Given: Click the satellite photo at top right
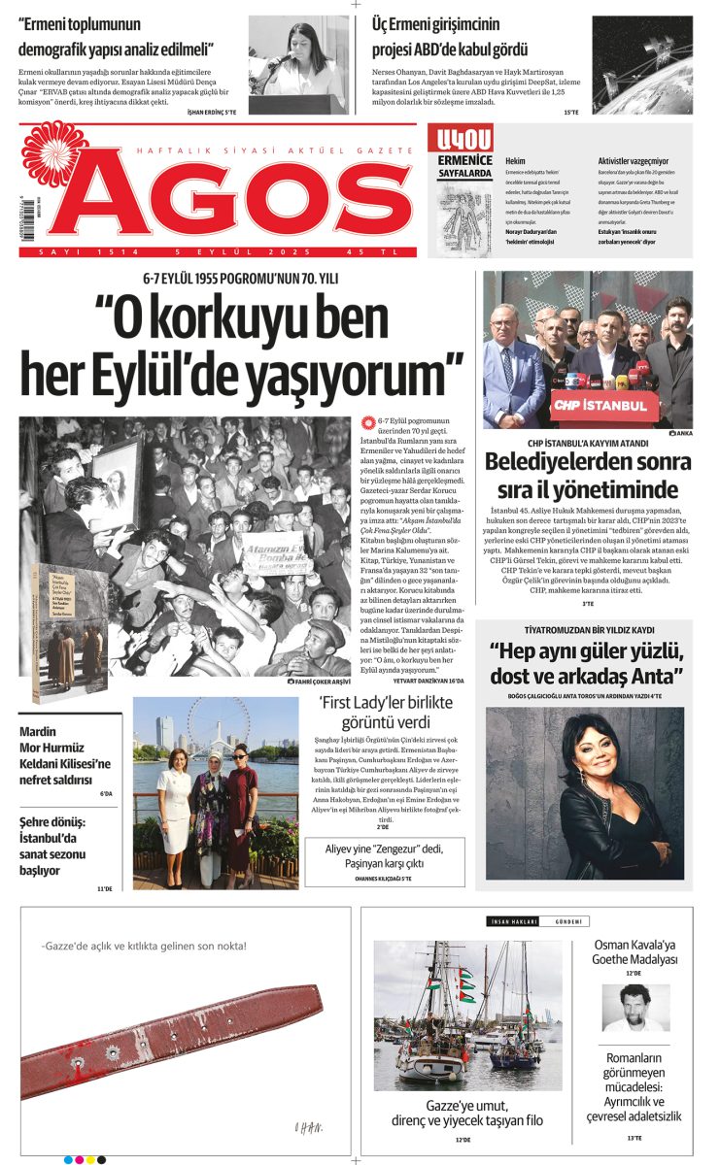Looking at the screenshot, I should click(642, 64).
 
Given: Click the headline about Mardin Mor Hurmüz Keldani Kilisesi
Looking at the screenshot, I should click(65, 756).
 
